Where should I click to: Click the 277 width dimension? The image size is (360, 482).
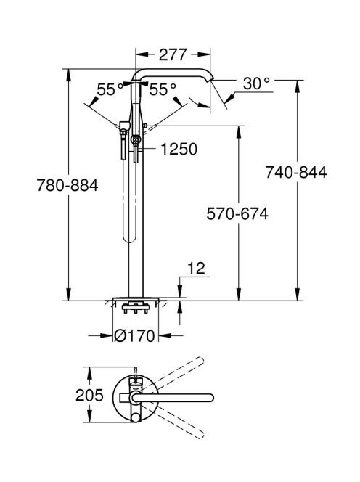173,54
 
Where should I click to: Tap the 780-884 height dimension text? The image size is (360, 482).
67,185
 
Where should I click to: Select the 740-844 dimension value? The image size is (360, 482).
296,172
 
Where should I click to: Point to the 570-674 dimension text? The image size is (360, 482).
237,213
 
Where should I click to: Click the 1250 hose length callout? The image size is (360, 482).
179,149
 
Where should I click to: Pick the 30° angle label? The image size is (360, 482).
256,83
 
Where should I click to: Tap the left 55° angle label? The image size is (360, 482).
110,89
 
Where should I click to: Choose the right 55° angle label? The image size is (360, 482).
163,89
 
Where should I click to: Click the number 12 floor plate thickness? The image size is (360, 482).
196,269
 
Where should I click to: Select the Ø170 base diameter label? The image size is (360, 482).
134,335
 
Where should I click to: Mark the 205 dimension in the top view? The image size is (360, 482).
89,395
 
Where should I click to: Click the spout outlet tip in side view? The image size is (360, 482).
209,80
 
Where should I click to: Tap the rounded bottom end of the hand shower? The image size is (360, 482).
129,239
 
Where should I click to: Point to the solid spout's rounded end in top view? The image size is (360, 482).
210,398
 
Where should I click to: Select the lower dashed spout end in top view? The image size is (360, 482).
200,434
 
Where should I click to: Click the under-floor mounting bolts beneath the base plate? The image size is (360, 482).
136,309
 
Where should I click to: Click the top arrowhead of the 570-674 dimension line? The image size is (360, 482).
239,132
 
